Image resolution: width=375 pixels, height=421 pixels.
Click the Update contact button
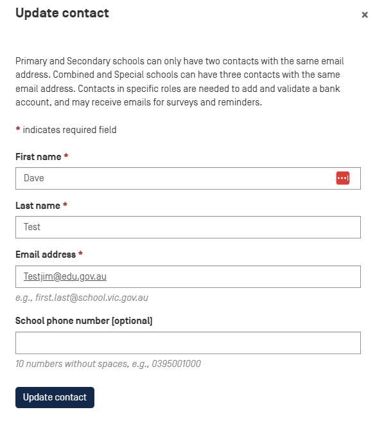point(55,397)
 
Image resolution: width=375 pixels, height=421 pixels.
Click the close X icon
point(365,15)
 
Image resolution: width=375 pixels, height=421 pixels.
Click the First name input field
point(173,178)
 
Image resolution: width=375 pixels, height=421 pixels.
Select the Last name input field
point(187,227)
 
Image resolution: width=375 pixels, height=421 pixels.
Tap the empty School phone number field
point(187,343)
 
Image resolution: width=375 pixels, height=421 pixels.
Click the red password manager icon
point(342,178)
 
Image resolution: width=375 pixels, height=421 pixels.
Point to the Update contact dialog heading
point(62,13)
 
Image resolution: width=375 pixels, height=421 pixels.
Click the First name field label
point(38,157)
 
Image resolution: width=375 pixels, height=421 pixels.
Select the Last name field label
point(37,206)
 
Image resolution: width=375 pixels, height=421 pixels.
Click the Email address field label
point(45,255)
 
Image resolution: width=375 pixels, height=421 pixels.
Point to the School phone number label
point(83,320)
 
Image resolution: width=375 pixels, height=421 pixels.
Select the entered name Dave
point(33,178)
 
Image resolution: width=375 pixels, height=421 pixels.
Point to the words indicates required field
point(69,130)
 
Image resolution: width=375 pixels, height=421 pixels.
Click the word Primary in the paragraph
point(31,62)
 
